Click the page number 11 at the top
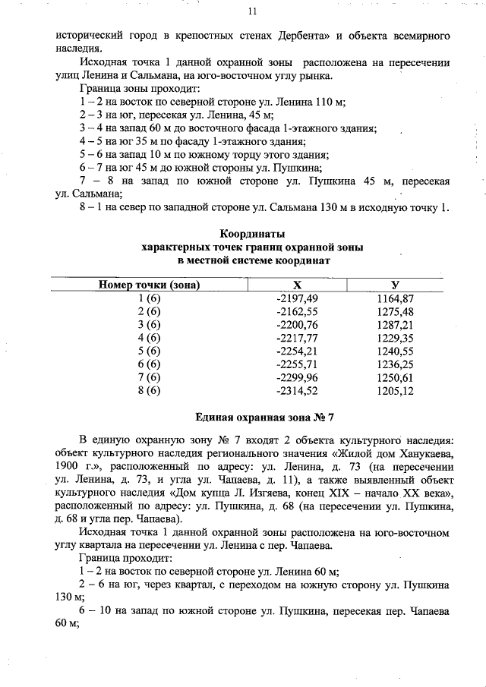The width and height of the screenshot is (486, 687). pos(252,11)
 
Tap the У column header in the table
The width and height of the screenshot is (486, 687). pos(395,285)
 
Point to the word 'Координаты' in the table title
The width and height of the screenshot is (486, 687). pos(252,234)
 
